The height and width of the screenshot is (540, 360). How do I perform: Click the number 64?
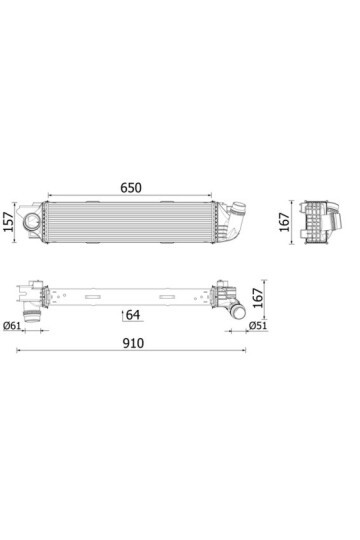134,316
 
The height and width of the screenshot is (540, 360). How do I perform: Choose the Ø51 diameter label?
257,327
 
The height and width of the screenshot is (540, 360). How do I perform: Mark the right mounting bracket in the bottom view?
218,295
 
